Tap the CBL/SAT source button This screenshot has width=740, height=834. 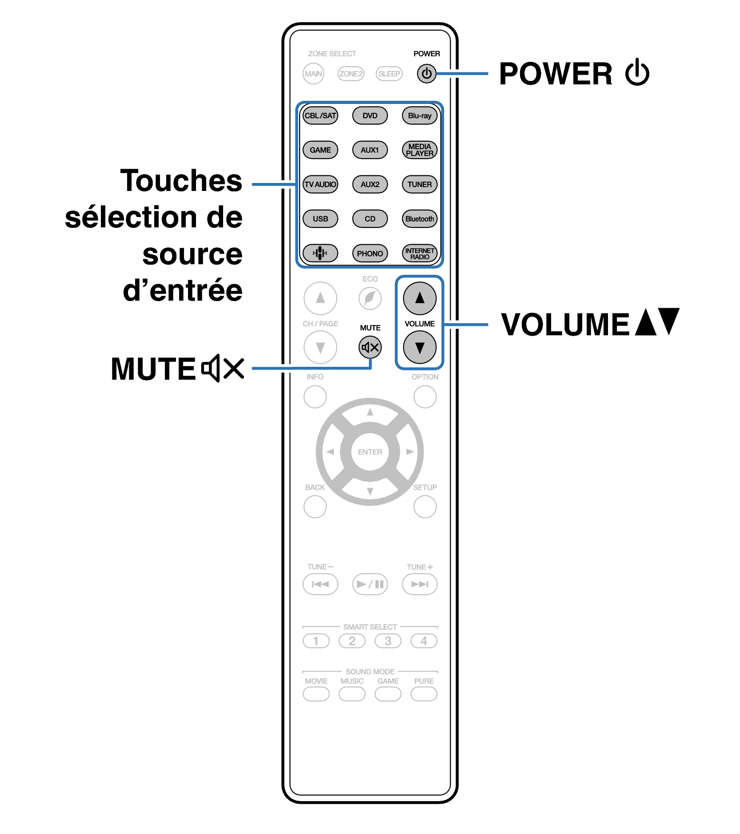[x=320, y=115]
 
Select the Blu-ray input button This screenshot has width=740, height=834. [x=419, y=115]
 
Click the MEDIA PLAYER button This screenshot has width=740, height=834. [x=419, y=150]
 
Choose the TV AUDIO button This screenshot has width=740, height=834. [x=320, y=184]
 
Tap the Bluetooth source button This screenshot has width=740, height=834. [x=419, y=219]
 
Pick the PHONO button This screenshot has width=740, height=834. [x=370, y=254]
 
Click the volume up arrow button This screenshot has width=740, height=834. [x=419, y=298]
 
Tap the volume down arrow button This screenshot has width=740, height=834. [x=419, y=347]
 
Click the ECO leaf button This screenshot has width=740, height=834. [x=370, y=298]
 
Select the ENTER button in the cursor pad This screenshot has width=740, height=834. [x=370, y=452]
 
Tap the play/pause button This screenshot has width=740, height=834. [x=370, y=584]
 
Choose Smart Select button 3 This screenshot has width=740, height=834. [x=388, y=641]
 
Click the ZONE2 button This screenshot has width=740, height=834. [x=351, y=74]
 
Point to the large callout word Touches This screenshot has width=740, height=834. [x=181, y=181]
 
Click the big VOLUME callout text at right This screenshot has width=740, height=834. [x=565, y=324]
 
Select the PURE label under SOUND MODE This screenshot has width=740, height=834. [x=424, y=681]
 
